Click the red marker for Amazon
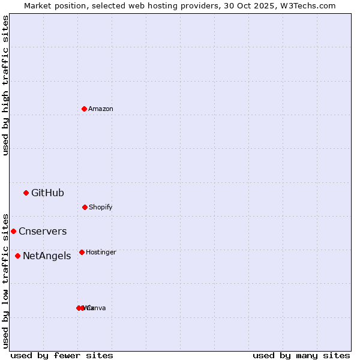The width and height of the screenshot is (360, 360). coord(84,109)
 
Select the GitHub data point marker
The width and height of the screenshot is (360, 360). coord(26,193)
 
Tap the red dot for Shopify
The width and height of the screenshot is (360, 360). coord(85,207)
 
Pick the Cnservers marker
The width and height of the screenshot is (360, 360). coord(13,231)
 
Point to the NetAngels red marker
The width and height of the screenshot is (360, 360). coord(17,256)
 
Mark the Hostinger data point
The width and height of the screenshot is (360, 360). coord(82,252)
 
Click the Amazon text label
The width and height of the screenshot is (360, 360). coord(101,109)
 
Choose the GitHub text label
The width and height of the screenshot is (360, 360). coord(47,193)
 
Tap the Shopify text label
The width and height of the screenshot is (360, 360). coord(101,207)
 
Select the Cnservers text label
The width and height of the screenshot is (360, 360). coord(43,231)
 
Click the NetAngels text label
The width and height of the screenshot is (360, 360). coord(47,256)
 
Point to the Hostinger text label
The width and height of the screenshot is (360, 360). coord(101,252)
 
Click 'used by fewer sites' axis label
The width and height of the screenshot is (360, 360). coord(62,355)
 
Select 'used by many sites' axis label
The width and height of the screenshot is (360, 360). coord(301,355)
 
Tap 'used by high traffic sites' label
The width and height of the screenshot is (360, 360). coord(5,85)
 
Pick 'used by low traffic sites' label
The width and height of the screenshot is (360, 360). coord(5,280)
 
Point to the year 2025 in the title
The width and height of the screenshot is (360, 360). coord(265,5)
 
